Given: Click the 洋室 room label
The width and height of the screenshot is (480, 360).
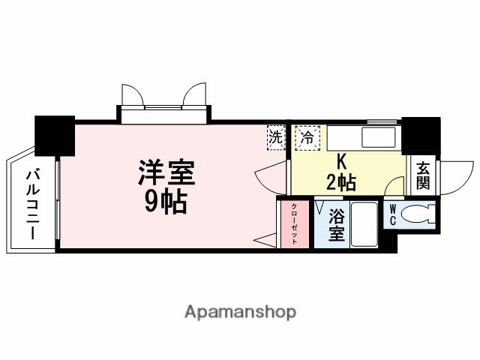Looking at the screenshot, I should pyautogui.click(x=166, y=173).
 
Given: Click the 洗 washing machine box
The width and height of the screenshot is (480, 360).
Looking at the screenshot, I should pyautogui.click(x=277, y=137).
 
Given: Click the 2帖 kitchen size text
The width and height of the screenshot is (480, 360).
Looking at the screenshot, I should pyautogui.click(x=341, y=181).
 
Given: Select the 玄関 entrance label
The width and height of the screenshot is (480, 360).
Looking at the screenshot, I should pyautogui.click(x=423, y=175).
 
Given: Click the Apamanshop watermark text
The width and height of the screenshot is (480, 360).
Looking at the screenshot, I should pyautogui.click(x=239, y=311).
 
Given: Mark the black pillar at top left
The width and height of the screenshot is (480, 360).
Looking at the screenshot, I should pyautogui.click(x=54, y=135).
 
